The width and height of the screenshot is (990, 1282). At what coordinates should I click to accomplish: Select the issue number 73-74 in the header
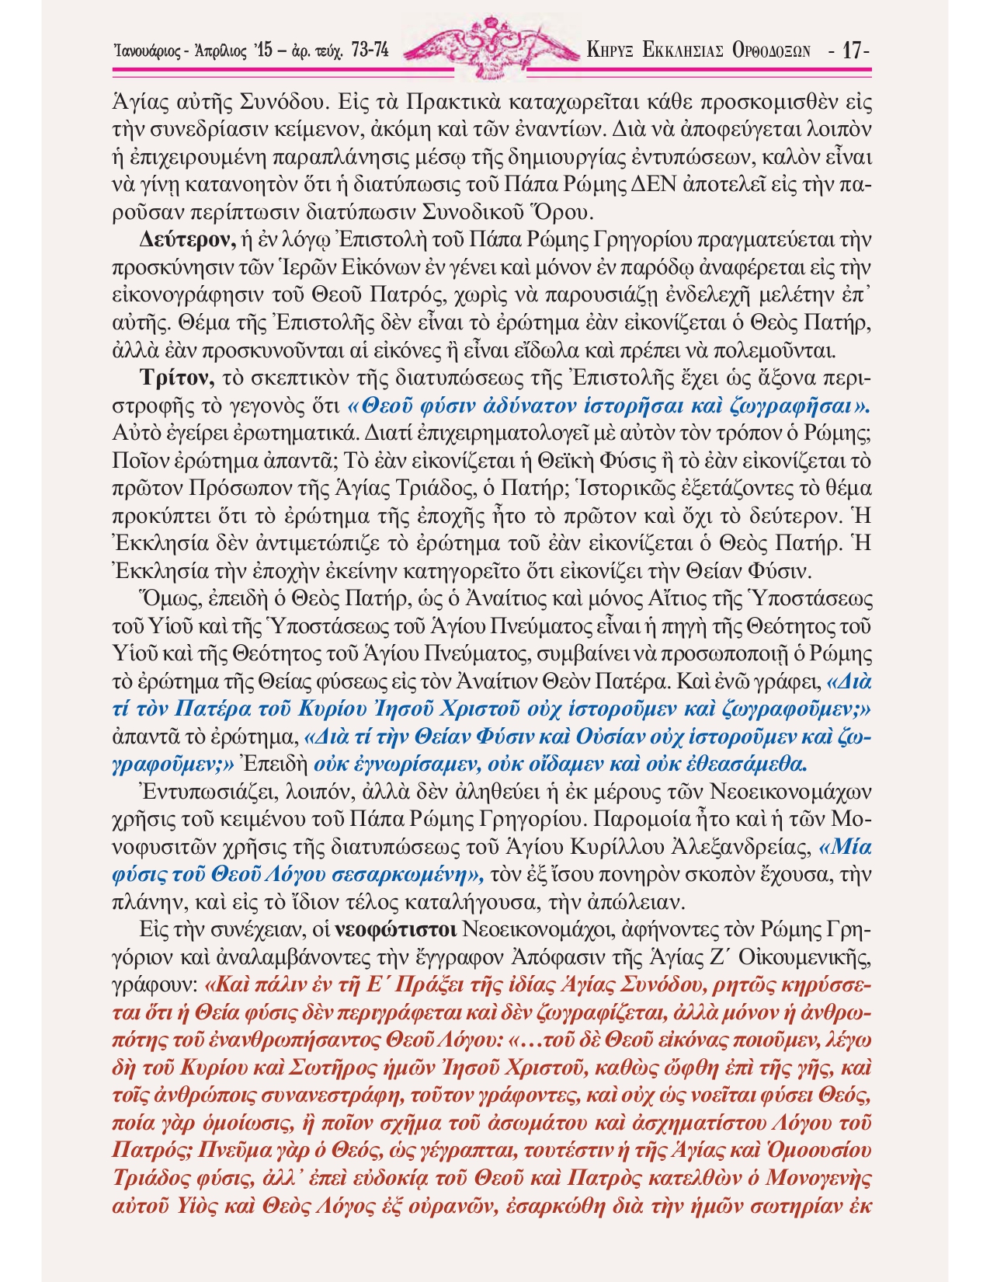click(370, 51)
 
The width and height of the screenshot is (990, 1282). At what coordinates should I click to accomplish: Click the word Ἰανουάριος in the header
click(148, 52)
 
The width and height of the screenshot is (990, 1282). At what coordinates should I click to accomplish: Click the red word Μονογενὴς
click(819, 1176)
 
